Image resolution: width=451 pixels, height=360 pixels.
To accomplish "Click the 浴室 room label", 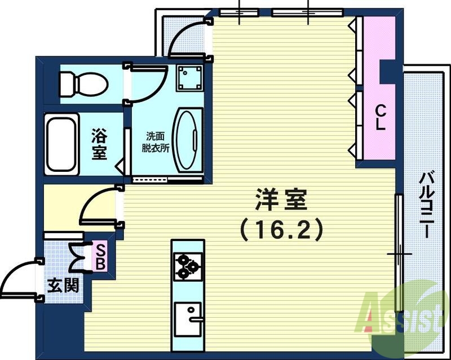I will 100,144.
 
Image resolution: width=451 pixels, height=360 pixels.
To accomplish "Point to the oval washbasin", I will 188,141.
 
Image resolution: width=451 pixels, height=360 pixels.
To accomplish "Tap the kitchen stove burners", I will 188,266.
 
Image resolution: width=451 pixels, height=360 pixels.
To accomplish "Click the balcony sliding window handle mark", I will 399,254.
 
